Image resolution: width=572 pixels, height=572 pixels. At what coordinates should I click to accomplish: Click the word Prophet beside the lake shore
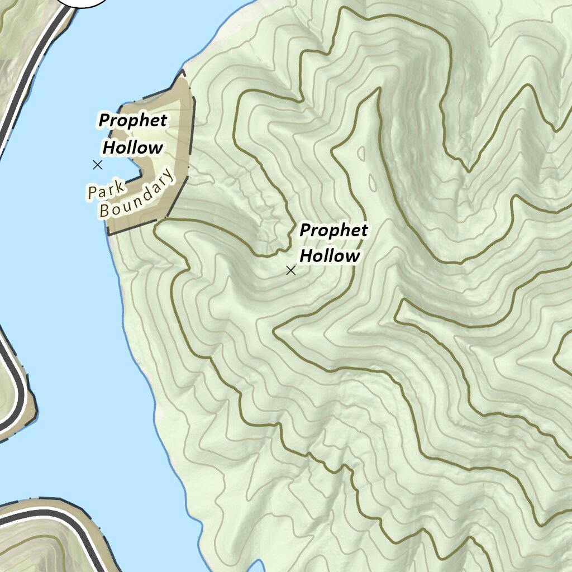click(133, 120)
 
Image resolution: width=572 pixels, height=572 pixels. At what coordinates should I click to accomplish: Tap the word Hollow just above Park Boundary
click(133, 147)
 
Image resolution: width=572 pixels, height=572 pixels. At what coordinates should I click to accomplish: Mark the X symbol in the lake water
click(98, 165)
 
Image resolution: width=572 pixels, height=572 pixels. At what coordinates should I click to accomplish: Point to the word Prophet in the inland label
click(333, 230)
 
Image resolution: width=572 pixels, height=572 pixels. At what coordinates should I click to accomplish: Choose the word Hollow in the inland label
click(330, 256)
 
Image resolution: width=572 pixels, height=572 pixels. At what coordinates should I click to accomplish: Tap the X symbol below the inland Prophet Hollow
click(290, 270)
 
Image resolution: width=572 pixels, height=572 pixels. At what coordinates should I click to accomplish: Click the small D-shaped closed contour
click(361, 153)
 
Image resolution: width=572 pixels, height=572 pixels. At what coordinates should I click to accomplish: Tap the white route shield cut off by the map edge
click(84, 2)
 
